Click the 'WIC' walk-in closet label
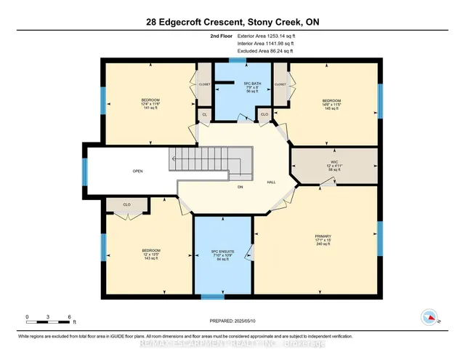click(x=333, y=161)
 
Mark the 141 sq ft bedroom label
click(x=150, y=103)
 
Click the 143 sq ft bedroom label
click(x=150, y=255)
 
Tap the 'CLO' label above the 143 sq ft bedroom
click(x=127, y=204)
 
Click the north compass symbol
click(x=429, y=317)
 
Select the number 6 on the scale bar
click(x=69, y=317)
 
